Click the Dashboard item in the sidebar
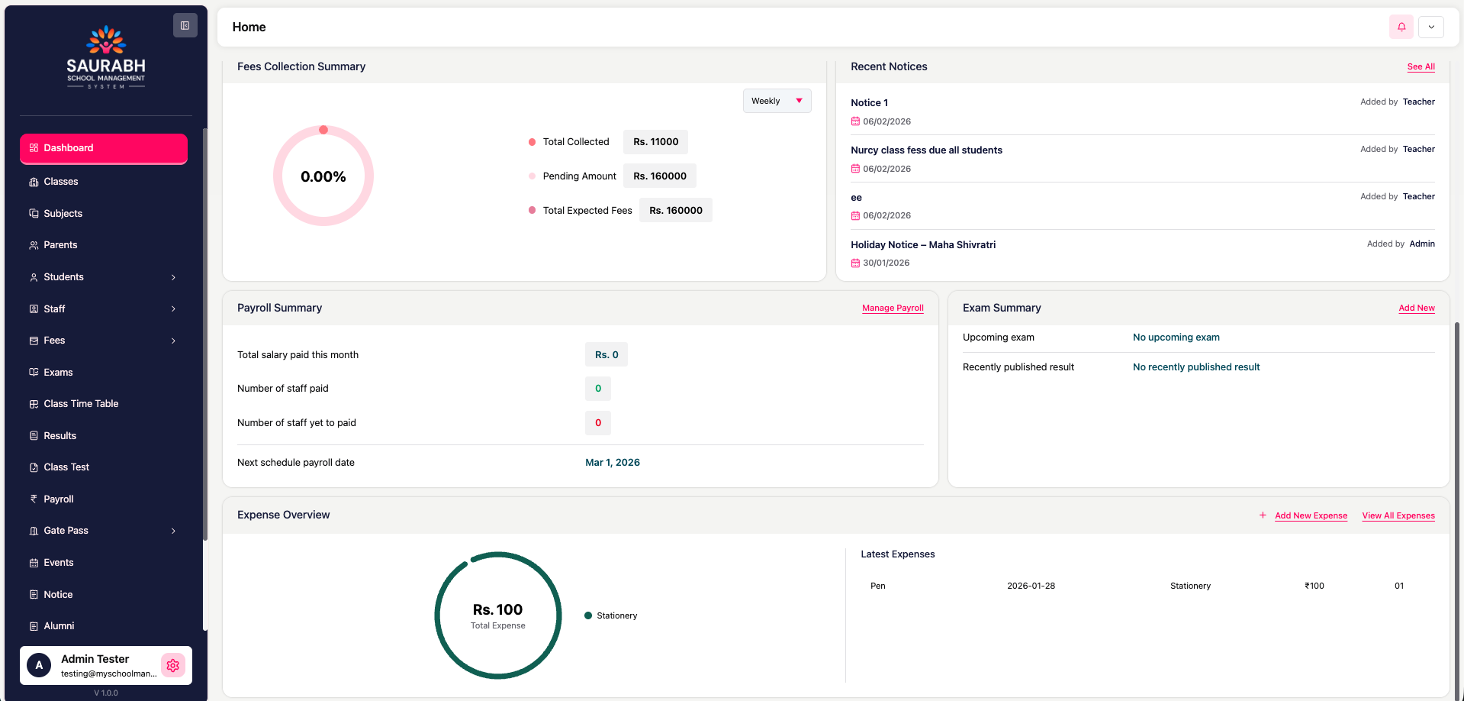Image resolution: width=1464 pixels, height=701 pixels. (x=103, y=148)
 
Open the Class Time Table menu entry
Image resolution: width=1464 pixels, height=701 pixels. (x=81, y=404)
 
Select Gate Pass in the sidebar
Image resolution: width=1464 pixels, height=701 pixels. (x=66, y=531)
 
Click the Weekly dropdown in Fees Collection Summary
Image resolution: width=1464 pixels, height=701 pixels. (x=777, y=101)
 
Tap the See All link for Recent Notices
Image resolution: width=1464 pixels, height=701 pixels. (x=1421, y=67)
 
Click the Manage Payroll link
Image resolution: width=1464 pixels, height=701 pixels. (x=893, y=309)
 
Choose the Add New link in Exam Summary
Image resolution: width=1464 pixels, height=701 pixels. (x=1416, y=309)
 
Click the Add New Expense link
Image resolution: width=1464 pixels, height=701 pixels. (x=1311, y=516)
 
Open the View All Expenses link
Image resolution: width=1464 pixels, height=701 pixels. (x=1398, y=516)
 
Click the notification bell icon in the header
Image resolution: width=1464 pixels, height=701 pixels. (x=1401, y=27)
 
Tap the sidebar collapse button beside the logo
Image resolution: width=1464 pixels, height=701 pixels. (x=185, y=25)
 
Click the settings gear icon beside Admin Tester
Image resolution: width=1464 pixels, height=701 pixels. (x=173, y=665)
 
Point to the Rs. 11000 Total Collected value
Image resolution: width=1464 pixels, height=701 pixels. (x=655, y=142)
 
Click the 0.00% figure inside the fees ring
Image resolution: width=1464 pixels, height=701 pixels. (x=323, y=177)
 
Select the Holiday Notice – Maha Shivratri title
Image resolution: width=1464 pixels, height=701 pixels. (x=923, y=245)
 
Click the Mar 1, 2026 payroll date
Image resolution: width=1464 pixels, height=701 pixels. (x=612, y=463)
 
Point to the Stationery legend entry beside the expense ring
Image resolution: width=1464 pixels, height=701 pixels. (x=616, y=615)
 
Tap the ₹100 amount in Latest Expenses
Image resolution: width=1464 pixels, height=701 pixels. (x=1314, y=586)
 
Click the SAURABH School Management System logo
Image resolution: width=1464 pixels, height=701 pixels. (x=106, y=58)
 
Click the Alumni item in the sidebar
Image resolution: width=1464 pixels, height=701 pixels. (x=59, y=626)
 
